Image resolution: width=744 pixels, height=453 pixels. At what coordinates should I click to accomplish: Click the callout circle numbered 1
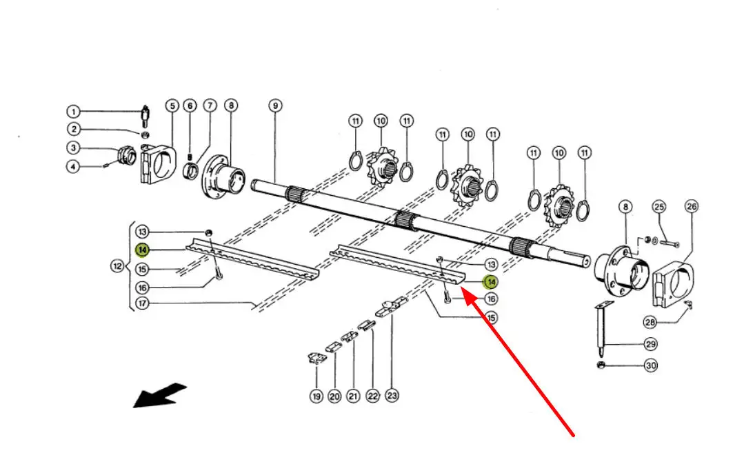point(73,111)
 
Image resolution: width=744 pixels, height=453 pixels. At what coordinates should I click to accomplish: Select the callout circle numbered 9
point(275,105)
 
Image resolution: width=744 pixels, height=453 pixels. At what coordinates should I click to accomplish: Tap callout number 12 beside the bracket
point(118,265)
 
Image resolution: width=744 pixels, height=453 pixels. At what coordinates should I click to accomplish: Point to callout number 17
point(141,303)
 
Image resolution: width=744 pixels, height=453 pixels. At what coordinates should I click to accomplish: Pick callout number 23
point(392,396)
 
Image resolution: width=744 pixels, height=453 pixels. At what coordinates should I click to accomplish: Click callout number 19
point(316,396)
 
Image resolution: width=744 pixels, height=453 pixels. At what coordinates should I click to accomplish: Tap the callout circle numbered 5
point(172,105)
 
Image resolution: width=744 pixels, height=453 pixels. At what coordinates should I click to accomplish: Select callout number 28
point(650,322)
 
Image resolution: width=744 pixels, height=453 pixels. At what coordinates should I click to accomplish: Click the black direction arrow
point(159,396)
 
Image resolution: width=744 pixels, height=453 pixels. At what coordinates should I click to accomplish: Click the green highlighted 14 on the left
point(141,249)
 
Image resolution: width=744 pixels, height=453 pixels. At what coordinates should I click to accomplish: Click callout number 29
point(650,343)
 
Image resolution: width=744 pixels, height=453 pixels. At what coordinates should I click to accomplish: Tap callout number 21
point(353,396)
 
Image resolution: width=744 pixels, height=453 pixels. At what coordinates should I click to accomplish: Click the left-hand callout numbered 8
point(231,105)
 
